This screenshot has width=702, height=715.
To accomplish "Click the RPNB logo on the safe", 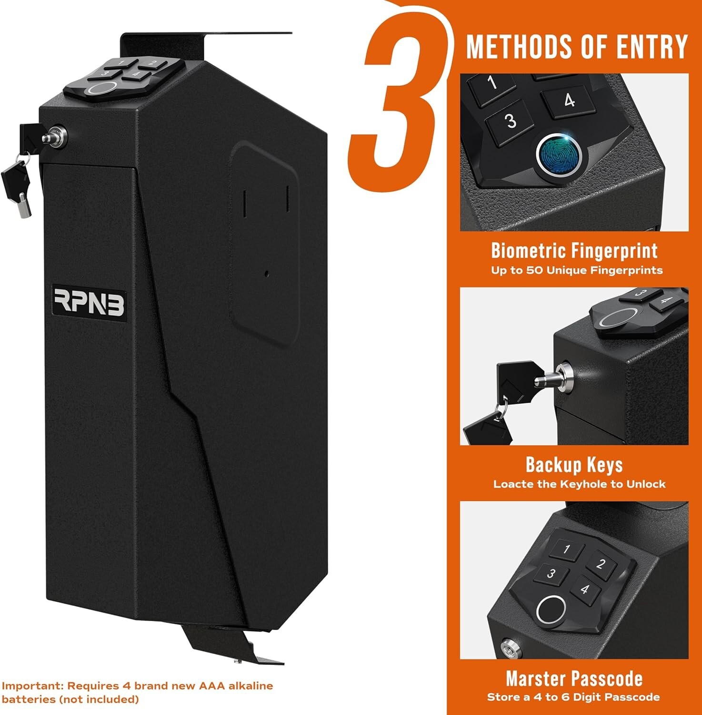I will [89, 302].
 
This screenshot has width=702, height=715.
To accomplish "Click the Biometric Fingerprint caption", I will [574, 251].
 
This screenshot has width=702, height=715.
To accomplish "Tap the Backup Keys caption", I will [574, 465].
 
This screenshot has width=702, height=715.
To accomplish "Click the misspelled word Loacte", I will [513, 484].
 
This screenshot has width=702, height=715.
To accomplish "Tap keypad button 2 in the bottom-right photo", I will [601, 564].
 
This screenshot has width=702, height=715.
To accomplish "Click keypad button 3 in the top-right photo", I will [510, 121].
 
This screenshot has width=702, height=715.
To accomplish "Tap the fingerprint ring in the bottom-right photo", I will [551, 610].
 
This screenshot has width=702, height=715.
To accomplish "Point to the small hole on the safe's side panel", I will [267, 274].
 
